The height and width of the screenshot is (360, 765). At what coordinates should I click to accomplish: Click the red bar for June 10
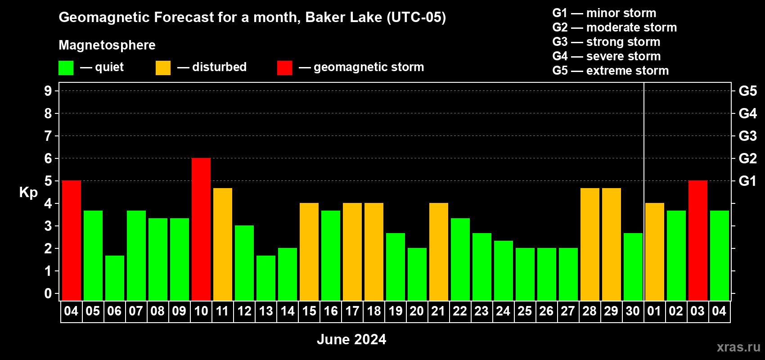click(201, 229)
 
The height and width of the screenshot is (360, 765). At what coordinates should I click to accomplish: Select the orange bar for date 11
click(223, 244)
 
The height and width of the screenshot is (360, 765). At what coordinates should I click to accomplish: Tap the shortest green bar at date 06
click(115, 278)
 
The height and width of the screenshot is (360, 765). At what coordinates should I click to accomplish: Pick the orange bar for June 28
click(590, 244)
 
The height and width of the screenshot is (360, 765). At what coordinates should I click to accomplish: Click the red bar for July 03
click(697, 240)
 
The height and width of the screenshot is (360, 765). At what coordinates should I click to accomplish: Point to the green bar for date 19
click(396, 267)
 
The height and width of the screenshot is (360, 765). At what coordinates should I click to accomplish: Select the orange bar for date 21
click(439, 252)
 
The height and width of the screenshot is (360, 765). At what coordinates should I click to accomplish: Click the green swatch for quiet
click(66, 67)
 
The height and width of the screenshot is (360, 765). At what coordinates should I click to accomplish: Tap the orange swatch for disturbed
click(163, 67)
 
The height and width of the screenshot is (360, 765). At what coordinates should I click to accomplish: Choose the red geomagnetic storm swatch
click(284, 67)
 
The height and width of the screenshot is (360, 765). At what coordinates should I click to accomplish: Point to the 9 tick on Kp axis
click(48, 91)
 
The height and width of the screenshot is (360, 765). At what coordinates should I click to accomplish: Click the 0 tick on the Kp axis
click(48, 293)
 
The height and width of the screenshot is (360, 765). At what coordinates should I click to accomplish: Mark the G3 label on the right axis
click(748, 136)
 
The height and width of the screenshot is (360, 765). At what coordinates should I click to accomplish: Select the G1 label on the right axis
click(748, 181)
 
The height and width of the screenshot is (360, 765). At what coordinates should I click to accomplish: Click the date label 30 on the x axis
click(633, 311)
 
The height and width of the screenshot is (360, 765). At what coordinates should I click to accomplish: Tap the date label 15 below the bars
click(309, 311)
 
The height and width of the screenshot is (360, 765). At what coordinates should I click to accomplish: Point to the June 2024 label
click(351, 339)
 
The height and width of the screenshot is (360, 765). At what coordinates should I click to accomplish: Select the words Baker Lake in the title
click(343, 18)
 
